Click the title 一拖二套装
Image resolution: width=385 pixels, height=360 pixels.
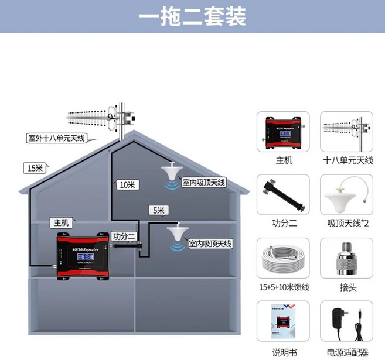(192, 16)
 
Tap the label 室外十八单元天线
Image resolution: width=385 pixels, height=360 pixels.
(56, 139)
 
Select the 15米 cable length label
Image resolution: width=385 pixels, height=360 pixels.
(33, 169)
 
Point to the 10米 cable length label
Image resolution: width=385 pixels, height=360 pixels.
(127, 184)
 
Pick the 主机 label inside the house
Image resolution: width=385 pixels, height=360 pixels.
(62, 222)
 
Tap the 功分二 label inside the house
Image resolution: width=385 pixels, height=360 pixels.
(124, 236)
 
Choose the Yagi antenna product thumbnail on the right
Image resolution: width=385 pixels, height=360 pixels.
(347, 131)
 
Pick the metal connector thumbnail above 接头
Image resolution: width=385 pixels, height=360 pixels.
(347, 258)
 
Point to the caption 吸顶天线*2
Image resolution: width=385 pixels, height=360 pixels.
(347, 223)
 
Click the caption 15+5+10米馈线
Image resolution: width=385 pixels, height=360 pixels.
(284, 288)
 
